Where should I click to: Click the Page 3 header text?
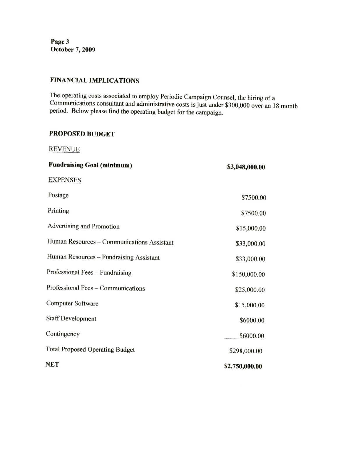click(x=60, y=42)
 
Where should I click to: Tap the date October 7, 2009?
click(x=73, y=50)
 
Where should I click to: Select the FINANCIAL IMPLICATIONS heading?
click(x=95, y=81)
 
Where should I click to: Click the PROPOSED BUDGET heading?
click(x=82, y=134)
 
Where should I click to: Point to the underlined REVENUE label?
click(x=64, y=149)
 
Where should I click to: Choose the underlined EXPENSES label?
click(x=65, y=180)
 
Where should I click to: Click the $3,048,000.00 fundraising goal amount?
click(x=246, y=167)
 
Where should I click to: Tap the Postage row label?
click(x=58, y=195)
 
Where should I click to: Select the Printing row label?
click(x=58, y=211)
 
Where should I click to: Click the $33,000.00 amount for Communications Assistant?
click(x=250, y=244)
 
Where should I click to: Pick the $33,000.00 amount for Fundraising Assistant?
click(x=250, y=259)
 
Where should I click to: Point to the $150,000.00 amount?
click(x=248, y=274)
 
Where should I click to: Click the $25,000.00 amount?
click(x=250, y=290)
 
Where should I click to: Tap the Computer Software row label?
click(x=72, y=303)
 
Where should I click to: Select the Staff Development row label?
click(x=71, y=319)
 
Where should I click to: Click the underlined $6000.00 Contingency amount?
click(x=252, y=336)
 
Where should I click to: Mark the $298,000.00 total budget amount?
click(x=246, y=351)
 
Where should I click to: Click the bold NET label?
click(x=52, y=365)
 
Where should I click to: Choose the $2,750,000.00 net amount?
click(x=243, y=366)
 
